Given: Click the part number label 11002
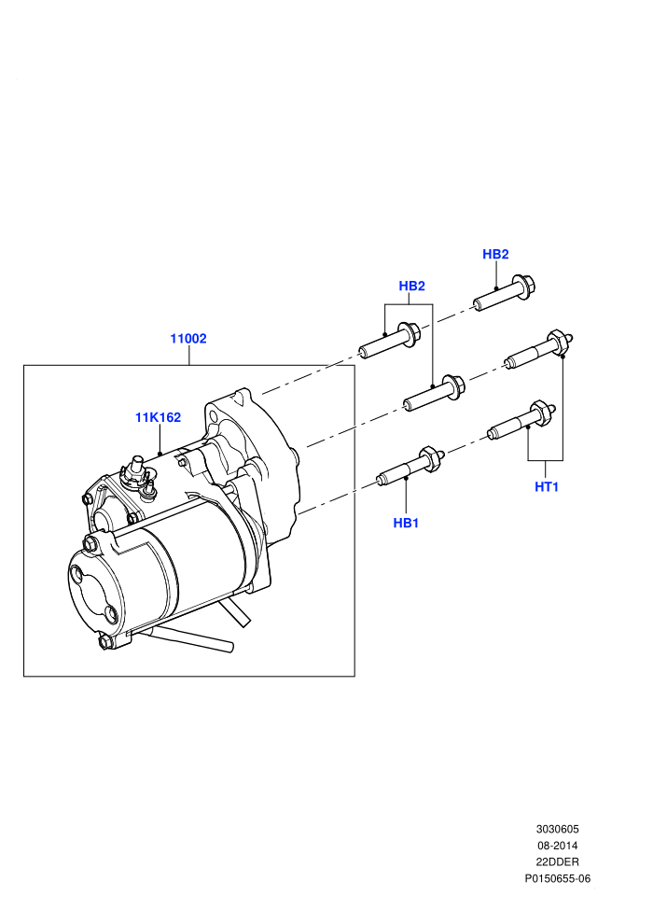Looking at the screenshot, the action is click(x=188, y=339).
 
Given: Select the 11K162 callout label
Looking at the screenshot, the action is click(x=158, y=417).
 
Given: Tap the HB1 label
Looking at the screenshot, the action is click(x=406, y=523).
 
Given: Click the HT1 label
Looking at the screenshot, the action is click(x=547, y=487).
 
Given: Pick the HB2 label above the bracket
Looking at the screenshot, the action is click(x=411, y=286).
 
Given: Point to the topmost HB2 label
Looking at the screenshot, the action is click(x=495, y=254).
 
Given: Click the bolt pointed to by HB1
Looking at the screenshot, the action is click(x=410, y=467).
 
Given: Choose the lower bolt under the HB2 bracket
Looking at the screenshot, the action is click(x=435, y=392).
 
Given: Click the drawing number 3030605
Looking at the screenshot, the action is click(x=558, y=829).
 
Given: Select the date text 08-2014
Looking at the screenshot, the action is click(x=558, y=846).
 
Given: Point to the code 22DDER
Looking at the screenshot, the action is click(x=558, y=862).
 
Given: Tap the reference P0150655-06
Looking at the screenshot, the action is click(x=558, y=878).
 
